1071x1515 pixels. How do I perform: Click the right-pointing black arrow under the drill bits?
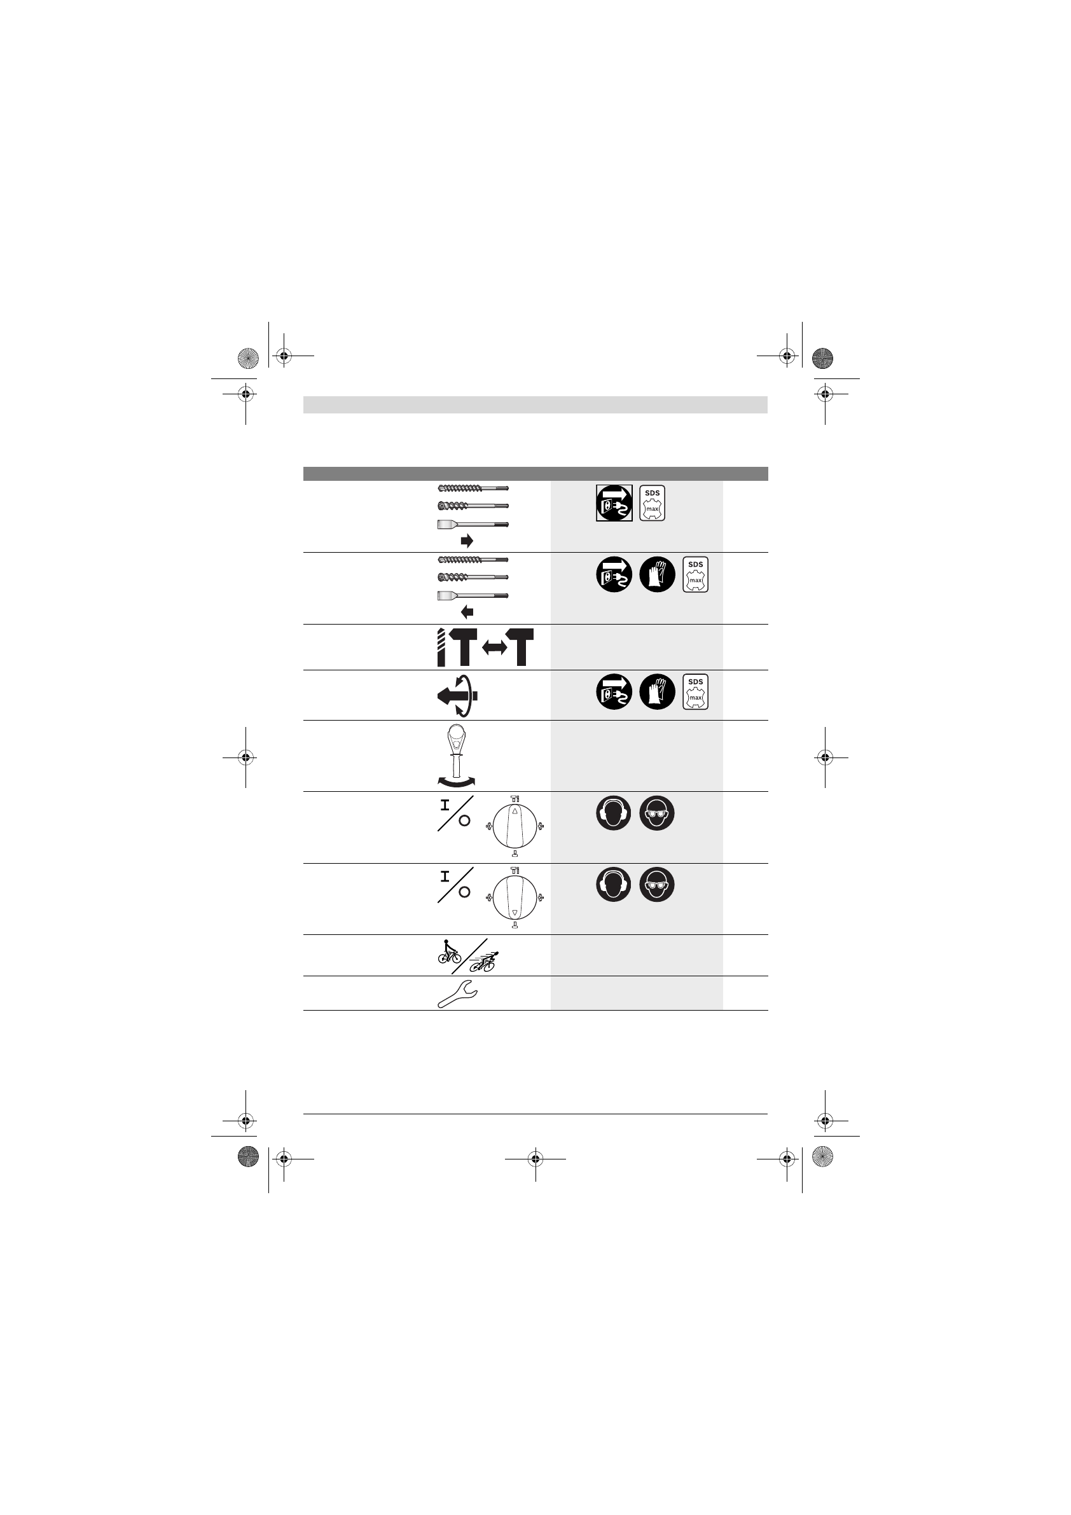(x=467, y=541)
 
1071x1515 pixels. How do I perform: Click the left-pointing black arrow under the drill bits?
(x=467, y=612)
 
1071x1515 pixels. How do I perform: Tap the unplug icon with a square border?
(x=614, y=503)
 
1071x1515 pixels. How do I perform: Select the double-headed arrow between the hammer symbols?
(x=495, y=649)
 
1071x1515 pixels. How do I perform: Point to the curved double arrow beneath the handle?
(x=456, y=782)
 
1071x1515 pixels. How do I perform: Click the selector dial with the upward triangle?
(x=515, y=826)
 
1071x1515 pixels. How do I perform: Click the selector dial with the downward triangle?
(x=515, y=897)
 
